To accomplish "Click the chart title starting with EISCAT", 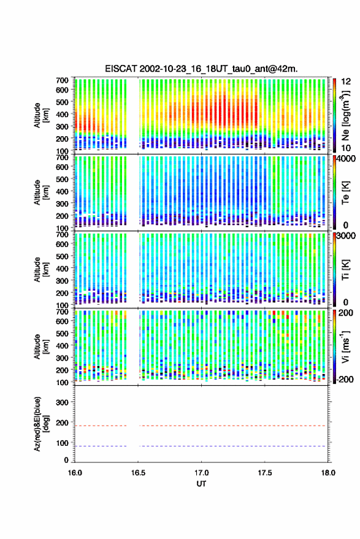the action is pyautogui.click(x=201, y=69).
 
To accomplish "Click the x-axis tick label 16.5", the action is pyautogui.click(x=138, y=473).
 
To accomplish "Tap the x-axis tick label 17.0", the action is pyautogui.click(x=202, y=473).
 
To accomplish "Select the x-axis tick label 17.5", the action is pyautogui.click(x=265, y=473).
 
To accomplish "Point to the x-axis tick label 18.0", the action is pyautogui.click(x=328, y=473).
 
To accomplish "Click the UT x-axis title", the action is pyautogui.click(x=202, y=484).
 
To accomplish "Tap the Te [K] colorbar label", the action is pyautogui.click(x=346, y=193).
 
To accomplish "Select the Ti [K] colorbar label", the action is pyautogui.click(x=346, y=270).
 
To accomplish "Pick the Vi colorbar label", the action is pyautogui.click(x=345, y=346).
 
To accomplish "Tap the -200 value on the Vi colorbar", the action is pyautogui.click(x=345, y=379).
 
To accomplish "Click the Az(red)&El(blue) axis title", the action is pyautogui.click(x=42, y=424).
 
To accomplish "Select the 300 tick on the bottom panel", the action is pyautogui.click(x=62, y=402).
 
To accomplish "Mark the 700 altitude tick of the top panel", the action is pyautogui.click(x=62, y=80).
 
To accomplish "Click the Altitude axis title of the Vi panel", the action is pyautogui.click(x=42, y=346).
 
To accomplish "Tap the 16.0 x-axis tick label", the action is pyautogui.click(x=75, y=473).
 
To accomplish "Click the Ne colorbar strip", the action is pyautogui.click(x=334, y=115).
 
